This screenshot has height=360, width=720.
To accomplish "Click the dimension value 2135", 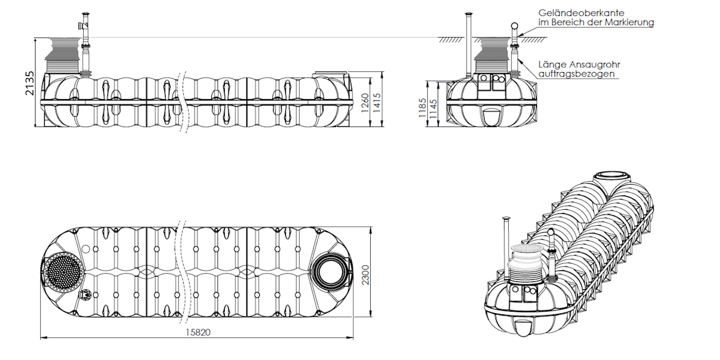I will click(29, 83).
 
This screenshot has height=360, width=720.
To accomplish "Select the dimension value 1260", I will click(365, 103).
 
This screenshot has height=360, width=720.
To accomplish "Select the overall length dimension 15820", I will click(197, 332).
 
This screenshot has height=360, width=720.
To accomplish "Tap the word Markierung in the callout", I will click(629, 22).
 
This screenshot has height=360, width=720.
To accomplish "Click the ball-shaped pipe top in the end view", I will click(514, 27).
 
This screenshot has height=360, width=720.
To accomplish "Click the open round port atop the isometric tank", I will click(612, 176).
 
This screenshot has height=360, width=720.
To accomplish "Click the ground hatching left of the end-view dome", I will click(450, 40).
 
